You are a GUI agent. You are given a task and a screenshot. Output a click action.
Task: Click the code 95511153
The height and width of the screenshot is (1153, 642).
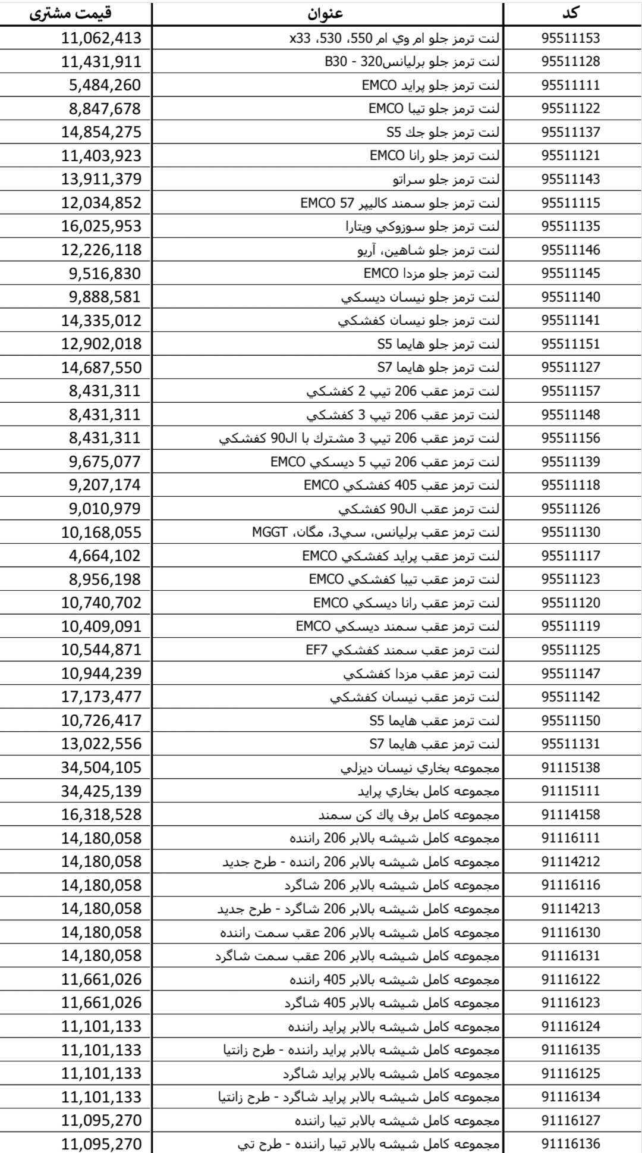point(571,39)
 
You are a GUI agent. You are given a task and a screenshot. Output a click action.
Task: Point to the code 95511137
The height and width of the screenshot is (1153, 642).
point(571,132)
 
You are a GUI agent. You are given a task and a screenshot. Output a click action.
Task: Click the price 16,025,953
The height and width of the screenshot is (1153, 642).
point(101,227)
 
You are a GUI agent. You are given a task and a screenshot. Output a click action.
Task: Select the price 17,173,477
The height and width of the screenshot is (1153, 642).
point(101,697)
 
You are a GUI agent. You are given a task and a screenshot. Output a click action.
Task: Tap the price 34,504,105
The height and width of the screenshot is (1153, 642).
point(101,767)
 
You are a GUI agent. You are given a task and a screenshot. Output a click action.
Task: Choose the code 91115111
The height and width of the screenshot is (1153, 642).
point(571,791)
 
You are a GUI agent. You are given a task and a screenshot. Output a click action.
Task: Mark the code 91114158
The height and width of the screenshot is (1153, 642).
point(571,814)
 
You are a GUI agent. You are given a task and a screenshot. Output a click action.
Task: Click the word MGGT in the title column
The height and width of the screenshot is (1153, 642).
point(270,532)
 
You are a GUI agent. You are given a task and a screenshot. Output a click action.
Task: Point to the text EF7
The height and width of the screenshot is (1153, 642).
point(317,650)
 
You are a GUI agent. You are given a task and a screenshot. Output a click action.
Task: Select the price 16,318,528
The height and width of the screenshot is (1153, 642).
point(101,814)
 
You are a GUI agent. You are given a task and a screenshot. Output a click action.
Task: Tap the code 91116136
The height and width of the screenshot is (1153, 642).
point(571,1143)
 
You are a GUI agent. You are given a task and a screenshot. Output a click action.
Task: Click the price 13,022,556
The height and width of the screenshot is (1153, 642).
point(101,744)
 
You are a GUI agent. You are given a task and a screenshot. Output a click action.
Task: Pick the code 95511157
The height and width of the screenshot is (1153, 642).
point(571,391)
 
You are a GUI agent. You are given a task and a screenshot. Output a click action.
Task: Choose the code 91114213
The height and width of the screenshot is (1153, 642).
point(571,908)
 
